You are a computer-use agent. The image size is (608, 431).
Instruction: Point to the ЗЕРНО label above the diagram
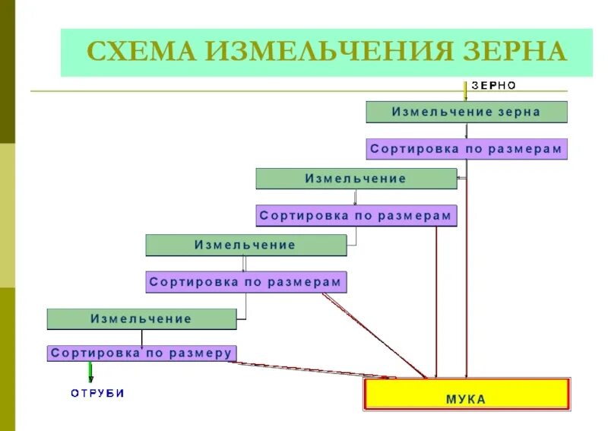point(494,86)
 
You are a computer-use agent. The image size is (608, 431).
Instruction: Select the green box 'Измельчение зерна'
point(466,112)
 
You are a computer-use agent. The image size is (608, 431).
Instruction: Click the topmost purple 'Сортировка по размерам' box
point(466,149)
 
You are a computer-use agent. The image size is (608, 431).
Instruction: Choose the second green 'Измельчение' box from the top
point(356,179)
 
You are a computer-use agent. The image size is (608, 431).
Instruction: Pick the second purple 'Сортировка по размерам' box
point(356,216)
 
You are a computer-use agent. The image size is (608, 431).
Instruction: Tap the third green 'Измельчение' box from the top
point(245,245)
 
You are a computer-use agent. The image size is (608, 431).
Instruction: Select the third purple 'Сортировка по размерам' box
point(245,282)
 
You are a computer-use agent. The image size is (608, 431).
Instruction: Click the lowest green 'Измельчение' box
point(141,318)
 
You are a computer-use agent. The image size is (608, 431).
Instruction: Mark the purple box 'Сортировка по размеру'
point(141,353)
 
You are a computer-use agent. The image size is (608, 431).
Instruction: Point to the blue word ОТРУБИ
point(97,393)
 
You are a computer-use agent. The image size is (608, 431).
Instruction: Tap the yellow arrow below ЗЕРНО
point(465,91)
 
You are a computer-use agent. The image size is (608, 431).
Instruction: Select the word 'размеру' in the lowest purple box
point(199,353)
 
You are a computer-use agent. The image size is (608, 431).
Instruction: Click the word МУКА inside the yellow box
point(466,399)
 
